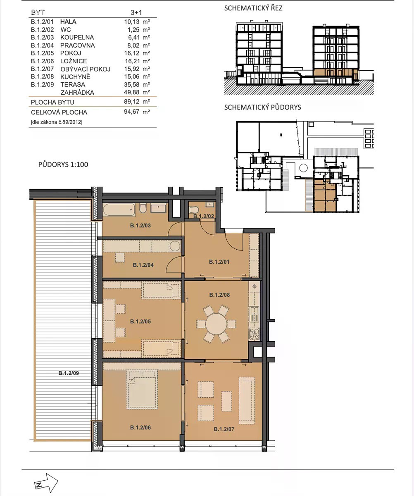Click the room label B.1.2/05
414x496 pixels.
coord(140,322)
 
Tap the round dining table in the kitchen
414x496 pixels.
coord(216,324)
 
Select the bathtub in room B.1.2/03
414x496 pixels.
coord(119,210)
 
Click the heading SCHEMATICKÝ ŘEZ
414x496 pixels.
coord(253,8)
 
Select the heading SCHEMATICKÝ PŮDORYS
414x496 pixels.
coord(262,107)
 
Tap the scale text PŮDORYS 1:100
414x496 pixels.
coord(63,165)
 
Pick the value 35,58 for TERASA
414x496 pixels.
coord(131,84)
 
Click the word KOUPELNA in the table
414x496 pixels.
coord(77,37)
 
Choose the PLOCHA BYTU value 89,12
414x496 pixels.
coord(131,102)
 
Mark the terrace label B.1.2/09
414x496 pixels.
coord(69,373)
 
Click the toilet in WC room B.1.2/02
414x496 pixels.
coord(194,210)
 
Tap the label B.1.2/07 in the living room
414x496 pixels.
coord(224,429)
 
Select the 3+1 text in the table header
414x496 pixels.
coord(136,12)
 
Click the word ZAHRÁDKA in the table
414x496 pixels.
coord(77,93)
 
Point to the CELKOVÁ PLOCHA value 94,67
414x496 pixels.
coord(131,112)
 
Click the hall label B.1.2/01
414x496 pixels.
coord(219,262)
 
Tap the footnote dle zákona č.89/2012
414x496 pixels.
coord(57,122)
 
